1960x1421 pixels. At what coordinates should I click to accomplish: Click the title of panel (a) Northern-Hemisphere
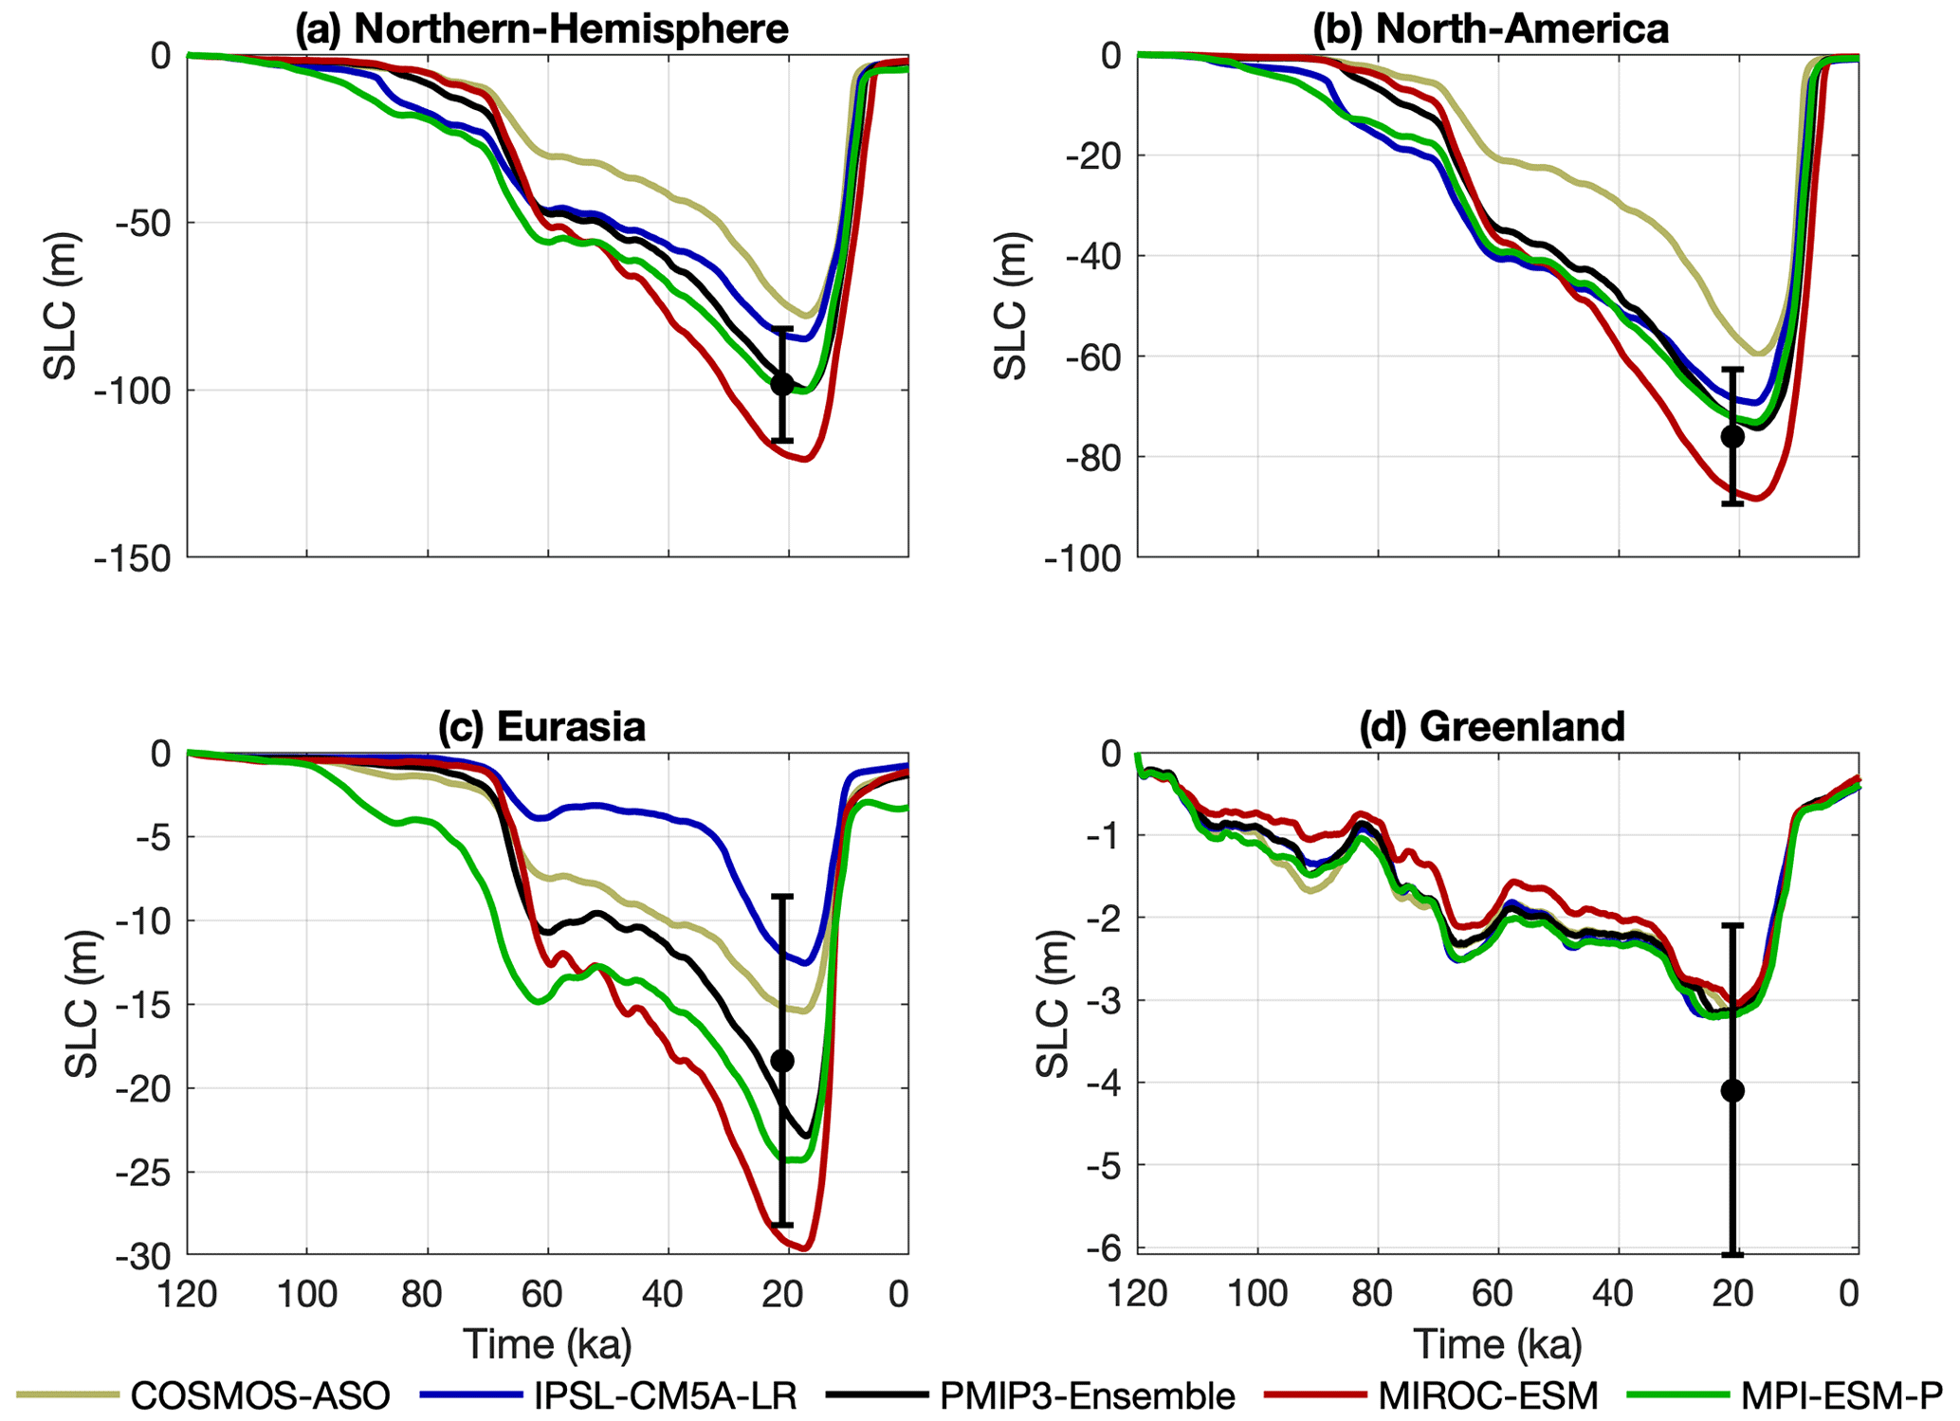541,28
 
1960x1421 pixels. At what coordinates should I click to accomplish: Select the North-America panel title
1490,28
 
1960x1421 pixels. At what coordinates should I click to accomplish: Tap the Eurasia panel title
541,726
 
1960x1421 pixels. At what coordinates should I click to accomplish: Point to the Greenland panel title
1492,726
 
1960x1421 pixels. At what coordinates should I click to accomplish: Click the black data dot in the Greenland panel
1732,1091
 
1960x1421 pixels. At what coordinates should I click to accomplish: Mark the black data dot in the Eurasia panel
782,1061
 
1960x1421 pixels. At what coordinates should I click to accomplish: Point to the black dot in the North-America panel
1732,437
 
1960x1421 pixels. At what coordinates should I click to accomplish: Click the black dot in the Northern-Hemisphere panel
782,384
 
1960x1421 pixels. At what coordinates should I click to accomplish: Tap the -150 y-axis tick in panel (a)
133,559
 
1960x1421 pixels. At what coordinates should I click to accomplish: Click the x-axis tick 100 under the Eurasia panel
306,1294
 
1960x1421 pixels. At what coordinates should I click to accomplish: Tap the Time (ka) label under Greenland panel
1497,1344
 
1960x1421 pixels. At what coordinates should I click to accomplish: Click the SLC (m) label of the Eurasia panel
83,1005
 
